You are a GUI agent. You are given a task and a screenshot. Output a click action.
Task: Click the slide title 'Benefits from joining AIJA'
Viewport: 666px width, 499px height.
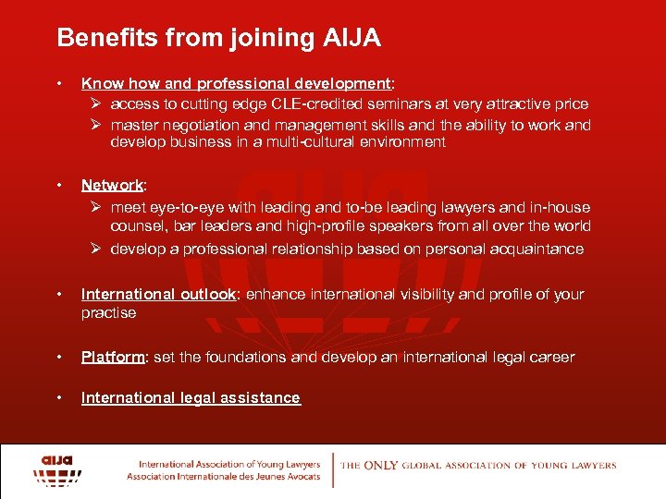pyautogui.click(x=218, y=39)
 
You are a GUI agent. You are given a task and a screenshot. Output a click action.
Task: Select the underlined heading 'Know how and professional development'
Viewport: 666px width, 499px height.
pyautogui.click(x=237, y=83)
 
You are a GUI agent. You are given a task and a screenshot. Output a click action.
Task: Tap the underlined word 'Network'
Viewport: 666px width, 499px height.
pyautogui.click(x=112, y=185)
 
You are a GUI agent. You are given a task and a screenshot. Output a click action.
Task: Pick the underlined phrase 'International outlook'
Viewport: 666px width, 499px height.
pyautogui.click(x=158, y=294)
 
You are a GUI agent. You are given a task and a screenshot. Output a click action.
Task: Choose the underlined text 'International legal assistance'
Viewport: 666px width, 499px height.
pyautogui.click(x=191, y=397)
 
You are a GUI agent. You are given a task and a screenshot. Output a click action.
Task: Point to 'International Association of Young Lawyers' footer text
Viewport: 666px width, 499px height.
pyautogui.click(x=229, y=464)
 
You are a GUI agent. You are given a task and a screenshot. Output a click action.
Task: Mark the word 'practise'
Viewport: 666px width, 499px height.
pyautogui.click(x=108, y=312)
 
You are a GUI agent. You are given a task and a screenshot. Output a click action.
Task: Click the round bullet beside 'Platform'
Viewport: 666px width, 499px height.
pyautogui.click(x=60, y=357)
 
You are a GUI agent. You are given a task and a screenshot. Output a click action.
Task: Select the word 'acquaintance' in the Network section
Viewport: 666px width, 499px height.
pyautogui.click(x=540, y=249)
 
